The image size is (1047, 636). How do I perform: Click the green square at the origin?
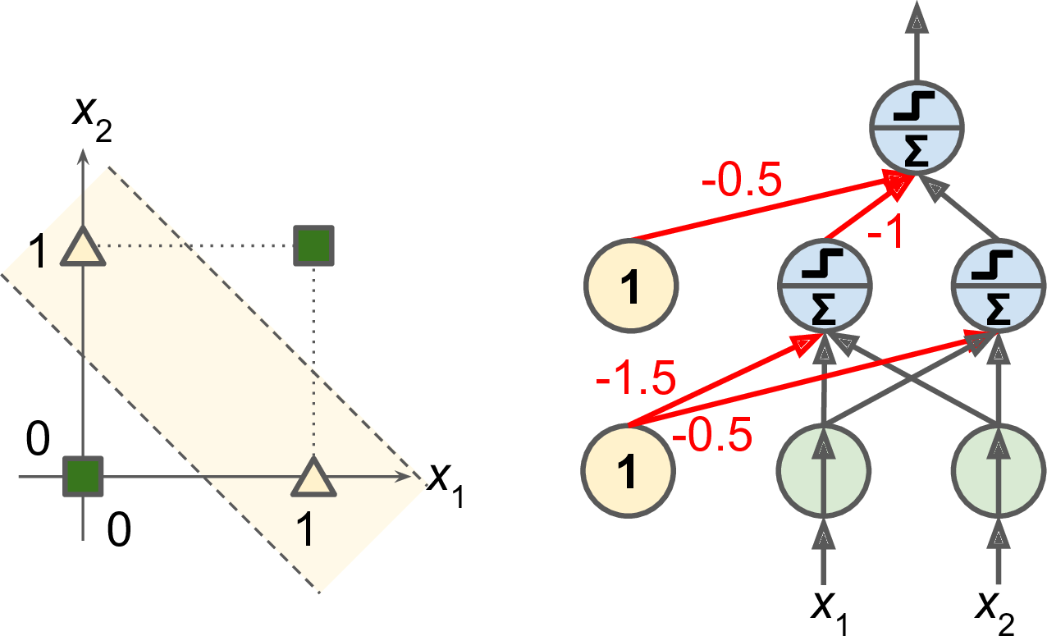click(x=83, y=475)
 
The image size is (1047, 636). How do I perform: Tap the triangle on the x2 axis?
click(x=84, y=248)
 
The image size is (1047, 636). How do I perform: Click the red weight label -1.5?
click(x=637, y=380)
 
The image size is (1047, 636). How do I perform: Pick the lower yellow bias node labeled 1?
click(x=630, y=474)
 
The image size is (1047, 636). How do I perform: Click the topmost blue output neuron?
click(x=916, y=127)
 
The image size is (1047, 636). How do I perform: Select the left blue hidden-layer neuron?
click(x=823, y=286)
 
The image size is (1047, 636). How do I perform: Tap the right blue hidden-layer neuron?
click(x=999, y=286)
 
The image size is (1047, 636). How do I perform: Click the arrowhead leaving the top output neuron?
click(x=916, y=18)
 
